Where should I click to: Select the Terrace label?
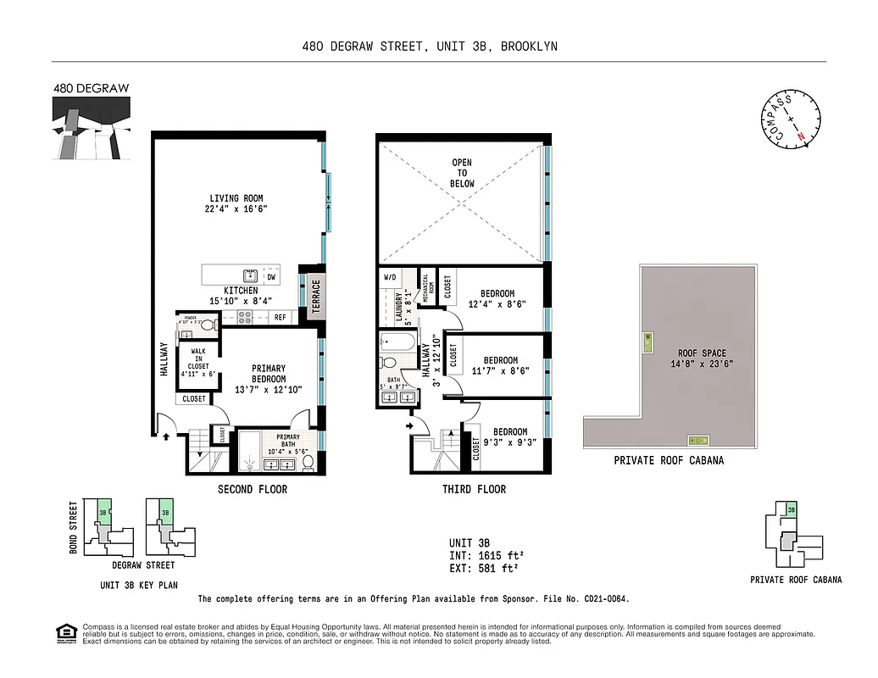click(x=316, y=297)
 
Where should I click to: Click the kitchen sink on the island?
click(x=250, y=275)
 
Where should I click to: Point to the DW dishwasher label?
click(x=272, y=276)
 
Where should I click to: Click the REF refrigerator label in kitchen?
click(x=280, y=318)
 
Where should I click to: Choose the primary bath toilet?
click(x=309, y=463)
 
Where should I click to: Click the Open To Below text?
click(x=462, y=173)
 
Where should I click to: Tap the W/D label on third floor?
click(x=390, y=277)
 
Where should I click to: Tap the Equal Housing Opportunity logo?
click(x=64, y=632)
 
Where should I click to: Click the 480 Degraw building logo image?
click(x=91, y=127)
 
